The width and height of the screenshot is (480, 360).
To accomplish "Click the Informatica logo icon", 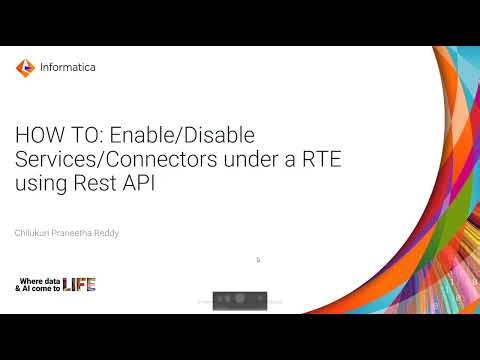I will click(24, 68).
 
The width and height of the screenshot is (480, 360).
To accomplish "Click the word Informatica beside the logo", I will click(67, 68).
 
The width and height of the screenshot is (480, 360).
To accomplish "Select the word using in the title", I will click(39, 184).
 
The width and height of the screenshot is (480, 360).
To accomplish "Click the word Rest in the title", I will click(93, 184).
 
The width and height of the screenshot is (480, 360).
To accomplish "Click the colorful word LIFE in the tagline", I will click(79, 284).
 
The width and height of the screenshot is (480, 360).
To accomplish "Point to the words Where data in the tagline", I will click(37, 279).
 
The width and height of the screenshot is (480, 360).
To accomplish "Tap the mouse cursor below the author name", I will click(258, 260).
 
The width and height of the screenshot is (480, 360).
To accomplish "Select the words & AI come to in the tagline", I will click(37, 288).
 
